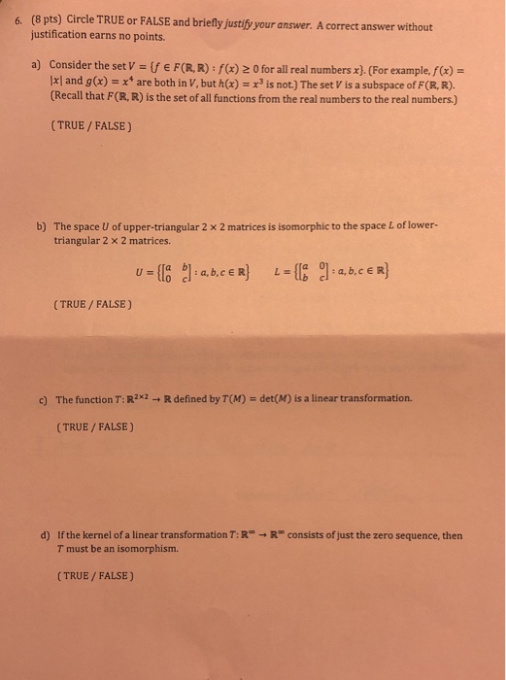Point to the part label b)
coord(42,226)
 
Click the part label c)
coord(43,398)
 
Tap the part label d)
coord(44,535)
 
